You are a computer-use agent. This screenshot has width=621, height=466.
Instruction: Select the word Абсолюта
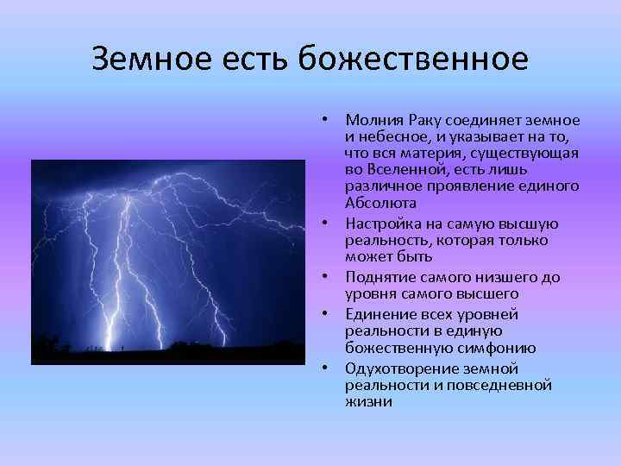[x=380, y=204]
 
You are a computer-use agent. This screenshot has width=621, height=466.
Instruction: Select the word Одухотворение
[x=400, y=368]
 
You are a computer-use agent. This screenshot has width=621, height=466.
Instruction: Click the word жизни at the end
[x=368, y=401]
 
